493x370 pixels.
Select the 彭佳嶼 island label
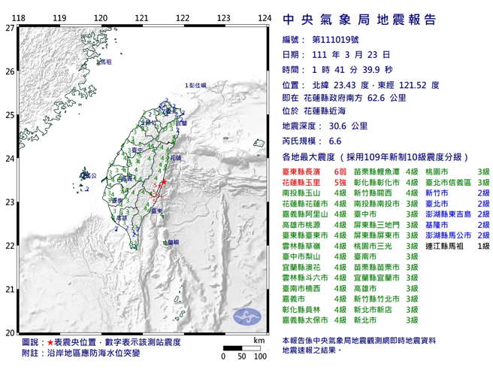[196, 88]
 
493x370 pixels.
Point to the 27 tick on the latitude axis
[9, 29]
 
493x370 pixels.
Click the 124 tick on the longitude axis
[264, 18]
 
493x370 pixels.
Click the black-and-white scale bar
[241, 347]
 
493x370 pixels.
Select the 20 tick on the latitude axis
[9, 333]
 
